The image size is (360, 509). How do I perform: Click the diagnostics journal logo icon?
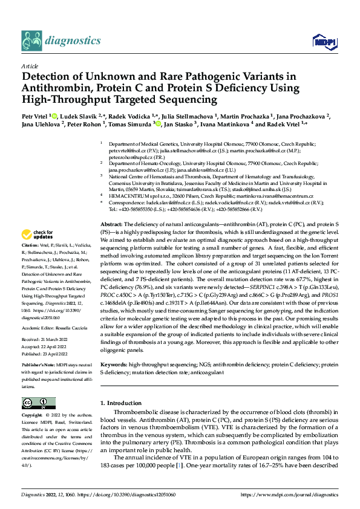pos(31,40)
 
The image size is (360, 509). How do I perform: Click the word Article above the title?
pos(29,65)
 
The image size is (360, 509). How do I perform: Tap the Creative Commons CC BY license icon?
pos(38,403)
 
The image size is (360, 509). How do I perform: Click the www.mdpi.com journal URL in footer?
pos(289,494)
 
